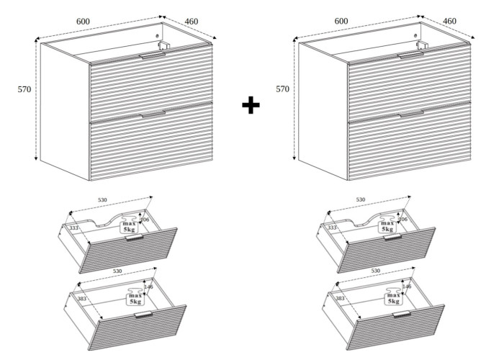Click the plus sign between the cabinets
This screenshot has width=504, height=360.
[x=251, y=105]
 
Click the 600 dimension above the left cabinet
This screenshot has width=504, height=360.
[x=83, y=22]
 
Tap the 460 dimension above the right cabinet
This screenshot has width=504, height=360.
[x=449, y=21]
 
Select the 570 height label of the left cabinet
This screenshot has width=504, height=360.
[x=24, y=89]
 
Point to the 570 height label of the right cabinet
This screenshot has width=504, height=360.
[x=282, y=89]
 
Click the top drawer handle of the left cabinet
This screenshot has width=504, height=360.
[x=153, y=56]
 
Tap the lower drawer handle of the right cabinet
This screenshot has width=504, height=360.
[x=412, y=114]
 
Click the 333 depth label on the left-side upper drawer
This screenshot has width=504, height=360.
[x=74, y=228]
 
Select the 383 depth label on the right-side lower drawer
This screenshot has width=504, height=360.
[x=340, y=298]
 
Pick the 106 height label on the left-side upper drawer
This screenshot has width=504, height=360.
[x=145, y=220]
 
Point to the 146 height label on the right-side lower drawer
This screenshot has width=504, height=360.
[x=407, y=287]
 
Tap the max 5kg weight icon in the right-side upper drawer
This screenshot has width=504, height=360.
[x=387, y=225]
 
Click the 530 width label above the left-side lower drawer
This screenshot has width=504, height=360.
[x=117, y=271]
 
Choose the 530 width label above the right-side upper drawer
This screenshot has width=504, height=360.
[x=361, y=199]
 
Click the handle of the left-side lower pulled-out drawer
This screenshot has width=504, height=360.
[x=143, y=314]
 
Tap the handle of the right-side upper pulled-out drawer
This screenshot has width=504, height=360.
[x=393, y=237]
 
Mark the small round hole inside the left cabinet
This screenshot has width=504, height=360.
[x=157, y=36]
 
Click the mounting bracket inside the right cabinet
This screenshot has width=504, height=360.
[x=422, y=45]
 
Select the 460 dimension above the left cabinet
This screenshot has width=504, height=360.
[x=192, y=22]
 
